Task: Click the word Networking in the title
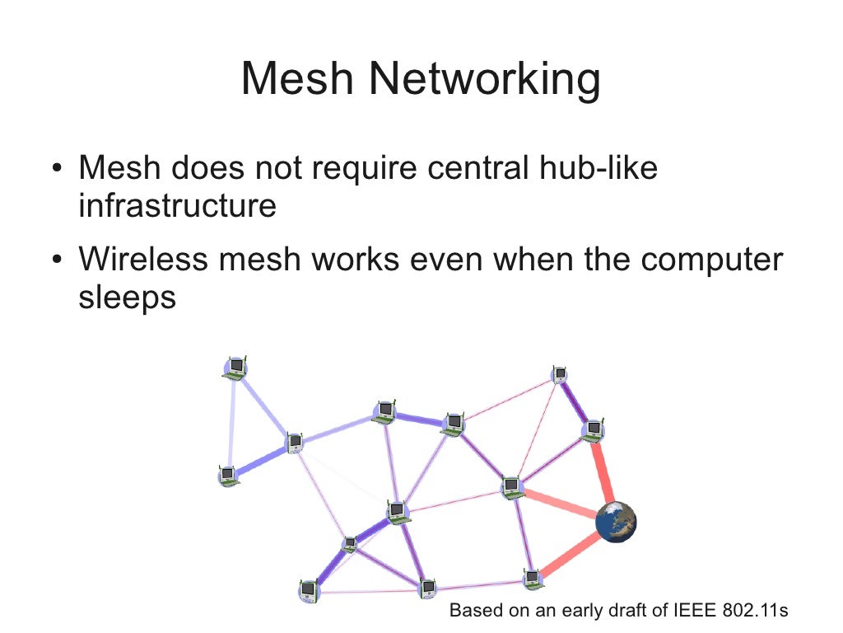pos(484,81)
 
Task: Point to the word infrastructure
pos(177,205)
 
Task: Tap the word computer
pos(712,261)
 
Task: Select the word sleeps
pos(128,298)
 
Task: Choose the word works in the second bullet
pos(359,260)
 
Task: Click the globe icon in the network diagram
pos(616,522)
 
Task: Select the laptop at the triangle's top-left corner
pos(235,368)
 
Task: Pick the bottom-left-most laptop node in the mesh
pos(308,590)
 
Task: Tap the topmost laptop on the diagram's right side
pos(560,375)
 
